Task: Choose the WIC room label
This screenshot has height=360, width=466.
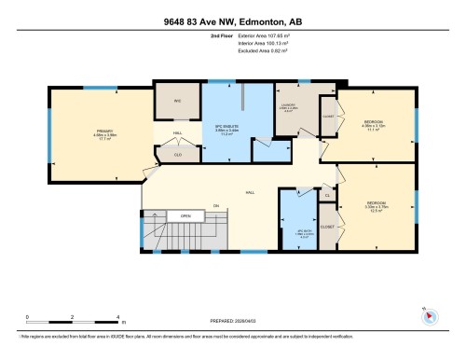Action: coord(177,101)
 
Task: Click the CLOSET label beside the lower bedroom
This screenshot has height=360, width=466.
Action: coord(327,226)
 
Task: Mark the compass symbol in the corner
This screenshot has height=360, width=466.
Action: coord(430,315)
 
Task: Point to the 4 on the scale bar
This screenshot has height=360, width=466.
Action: coord(122,317)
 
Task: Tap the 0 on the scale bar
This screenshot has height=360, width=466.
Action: coord(30,317)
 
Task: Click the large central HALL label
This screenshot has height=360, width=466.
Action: coord(249,191)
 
